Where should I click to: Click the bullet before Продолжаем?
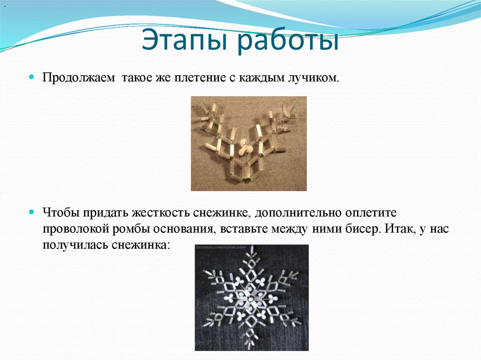pos(32,76)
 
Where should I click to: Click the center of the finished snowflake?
pos(252,299)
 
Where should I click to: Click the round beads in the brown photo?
pos(245,149)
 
